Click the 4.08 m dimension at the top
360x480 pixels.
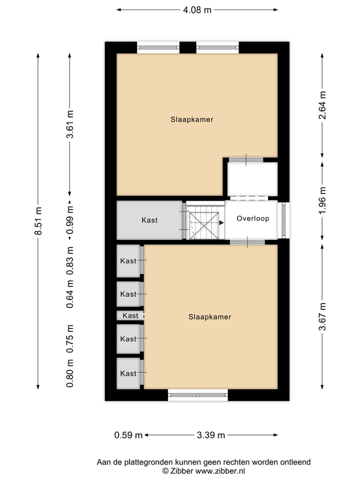[x=197, y=9]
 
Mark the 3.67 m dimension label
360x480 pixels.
[x=322, y=316]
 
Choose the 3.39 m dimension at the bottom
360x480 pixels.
[x=211, y=435]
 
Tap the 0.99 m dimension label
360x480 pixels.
[x=70, y=220]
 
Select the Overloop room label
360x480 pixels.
[x=253, y=218]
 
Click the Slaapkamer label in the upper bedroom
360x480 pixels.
[x=192, y=119]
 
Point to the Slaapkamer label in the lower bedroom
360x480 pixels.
[x=210, y=316]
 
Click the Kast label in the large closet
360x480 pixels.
[x=149, y=220]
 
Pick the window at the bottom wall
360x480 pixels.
[x=198, y=395]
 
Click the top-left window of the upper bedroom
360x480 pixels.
[x=158, y=47]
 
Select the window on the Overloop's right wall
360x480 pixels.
[x=284, y=220]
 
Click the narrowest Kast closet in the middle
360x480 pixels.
[x=130, y=315]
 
